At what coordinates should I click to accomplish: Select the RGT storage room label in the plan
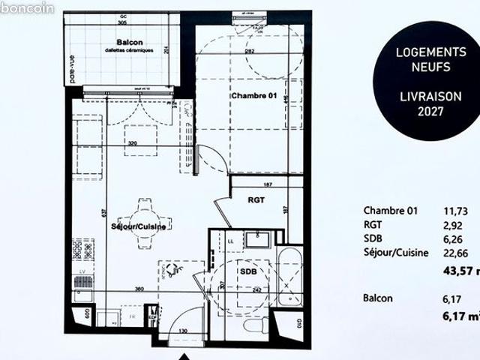pyautogui.click(x=258, y=199)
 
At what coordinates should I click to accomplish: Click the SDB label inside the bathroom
pyautogui.click(x=248, y=271)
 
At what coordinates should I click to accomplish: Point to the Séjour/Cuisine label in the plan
pyautogui.click(x=138, y=226)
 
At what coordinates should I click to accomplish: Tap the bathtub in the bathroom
pyautogui.click(x=289, y=276)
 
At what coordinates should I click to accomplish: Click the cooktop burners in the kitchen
pyautogui.click(x=82, y=248)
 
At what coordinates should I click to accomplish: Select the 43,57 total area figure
pyautogui.click(x=458, y=271)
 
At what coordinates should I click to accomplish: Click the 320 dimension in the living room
pyautogui.click(x=133, y=142)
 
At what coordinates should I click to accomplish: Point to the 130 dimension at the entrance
pyautogui.click(x=184, y=331)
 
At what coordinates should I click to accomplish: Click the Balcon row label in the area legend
pyautogui.click(x=378, y=298)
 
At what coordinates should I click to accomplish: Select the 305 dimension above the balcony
pyautogui.click(x=122, y=22)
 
